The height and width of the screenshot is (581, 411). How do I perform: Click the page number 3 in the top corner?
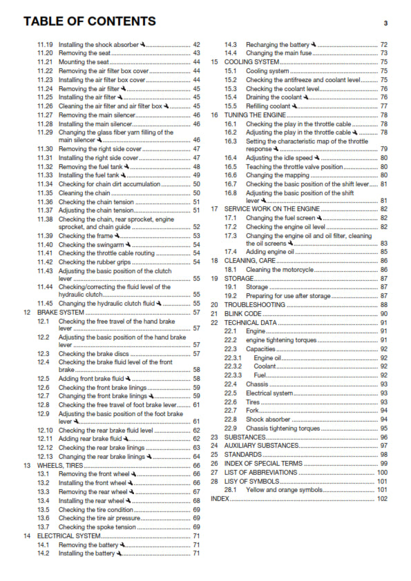click(x=385, y=23)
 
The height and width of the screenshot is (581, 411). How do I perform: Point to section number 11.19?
click(x=45, y=44)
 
